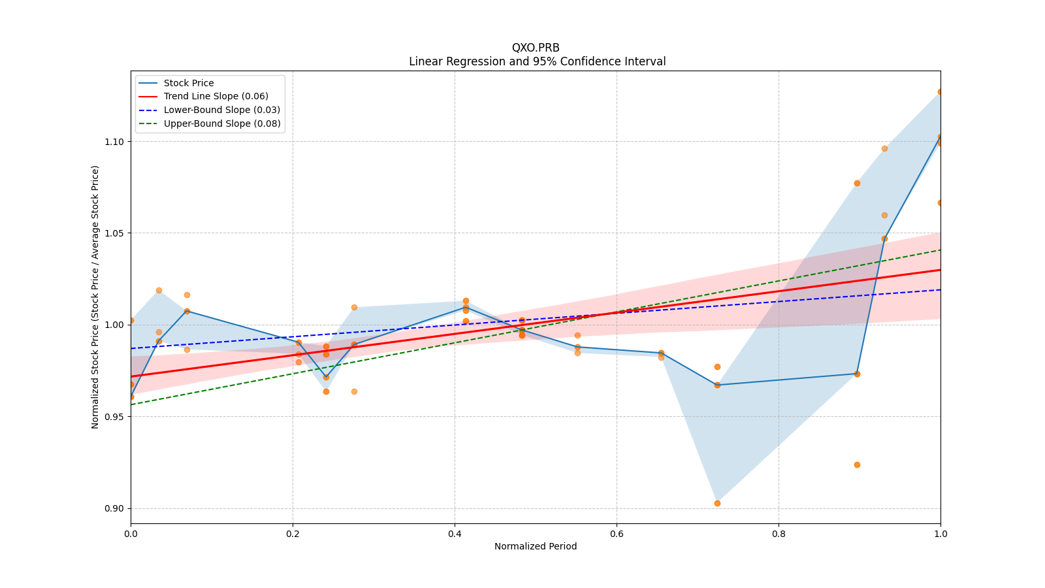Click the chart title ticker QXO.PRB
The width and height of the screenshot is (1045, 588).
pyautogui.click(x=536, y=48)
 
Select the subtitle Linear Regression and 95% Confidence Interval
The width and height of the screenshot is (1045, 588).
pyautogui.click(x=537, y=61)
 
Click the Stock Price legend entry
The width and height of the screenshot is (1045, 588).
pyautogui.click(x=189, y=83)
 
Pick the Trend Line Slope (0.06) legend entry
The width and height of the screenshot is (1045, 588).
pyautogui.click(x=216, y=97)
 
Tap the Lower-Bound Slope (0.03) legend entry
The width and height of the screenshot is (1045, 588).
pyautogui.click(x=221, y=110)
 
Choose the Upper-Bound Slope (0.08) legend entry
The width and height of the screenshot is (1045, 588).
pyautogui.click(x=222, y=123)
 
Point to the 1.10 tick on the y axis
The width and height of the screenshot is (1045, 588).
pyautogui.click(x=114, y=142)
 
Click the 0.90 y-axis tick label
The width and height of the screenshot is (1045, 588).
pyautogui.click(x=114, y=508)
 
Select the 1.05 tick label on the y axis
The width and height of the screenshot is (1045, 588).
pyautogui.click(x=114, y=233)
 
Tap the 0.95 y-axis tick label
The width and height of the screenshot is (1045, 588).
pyautogui.click(x=114, y=417)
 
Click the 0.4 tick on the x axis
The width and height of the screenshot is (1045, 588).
pyautogui.click(x=455, y=534)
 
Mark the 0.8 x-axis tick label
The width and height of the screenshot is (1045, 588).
pyautogui.click(x=779, y=534)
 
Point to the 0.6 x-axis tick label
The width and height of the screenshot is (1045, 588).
pyautogui.click(x=617, y=534)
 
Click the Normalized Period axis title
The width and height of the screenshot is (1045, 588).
pyautogui.click(x=536, y=546)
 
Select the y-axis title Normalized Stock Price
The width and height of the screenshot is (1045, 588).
pyautogui.click(x=95, y=297)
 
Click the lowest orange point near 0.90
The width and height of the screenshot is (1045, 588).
pyautogui.click(x=717, y=503)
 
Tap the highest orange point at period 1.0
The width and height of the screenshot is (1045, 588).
pyautogui.click(x=940, y=92)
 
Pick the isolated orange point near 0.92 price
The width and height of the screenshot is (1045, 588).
pyautogui.click(x=857, y=465)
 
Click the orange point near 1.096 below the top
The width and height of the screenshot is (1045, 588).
pyautogui.click(x=884, y=148)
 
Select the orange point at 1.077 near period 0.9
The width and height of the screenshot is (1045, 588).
pyautogui.click(x=857, y=183)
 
